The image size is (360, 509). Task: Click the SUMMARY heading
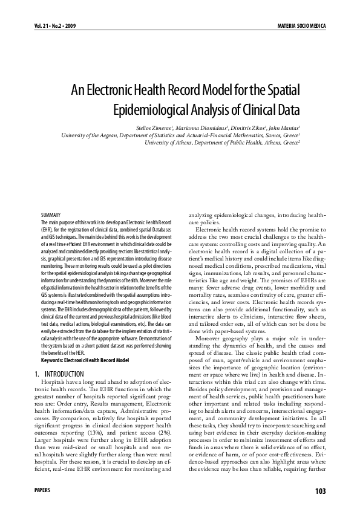coord(51,215)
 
